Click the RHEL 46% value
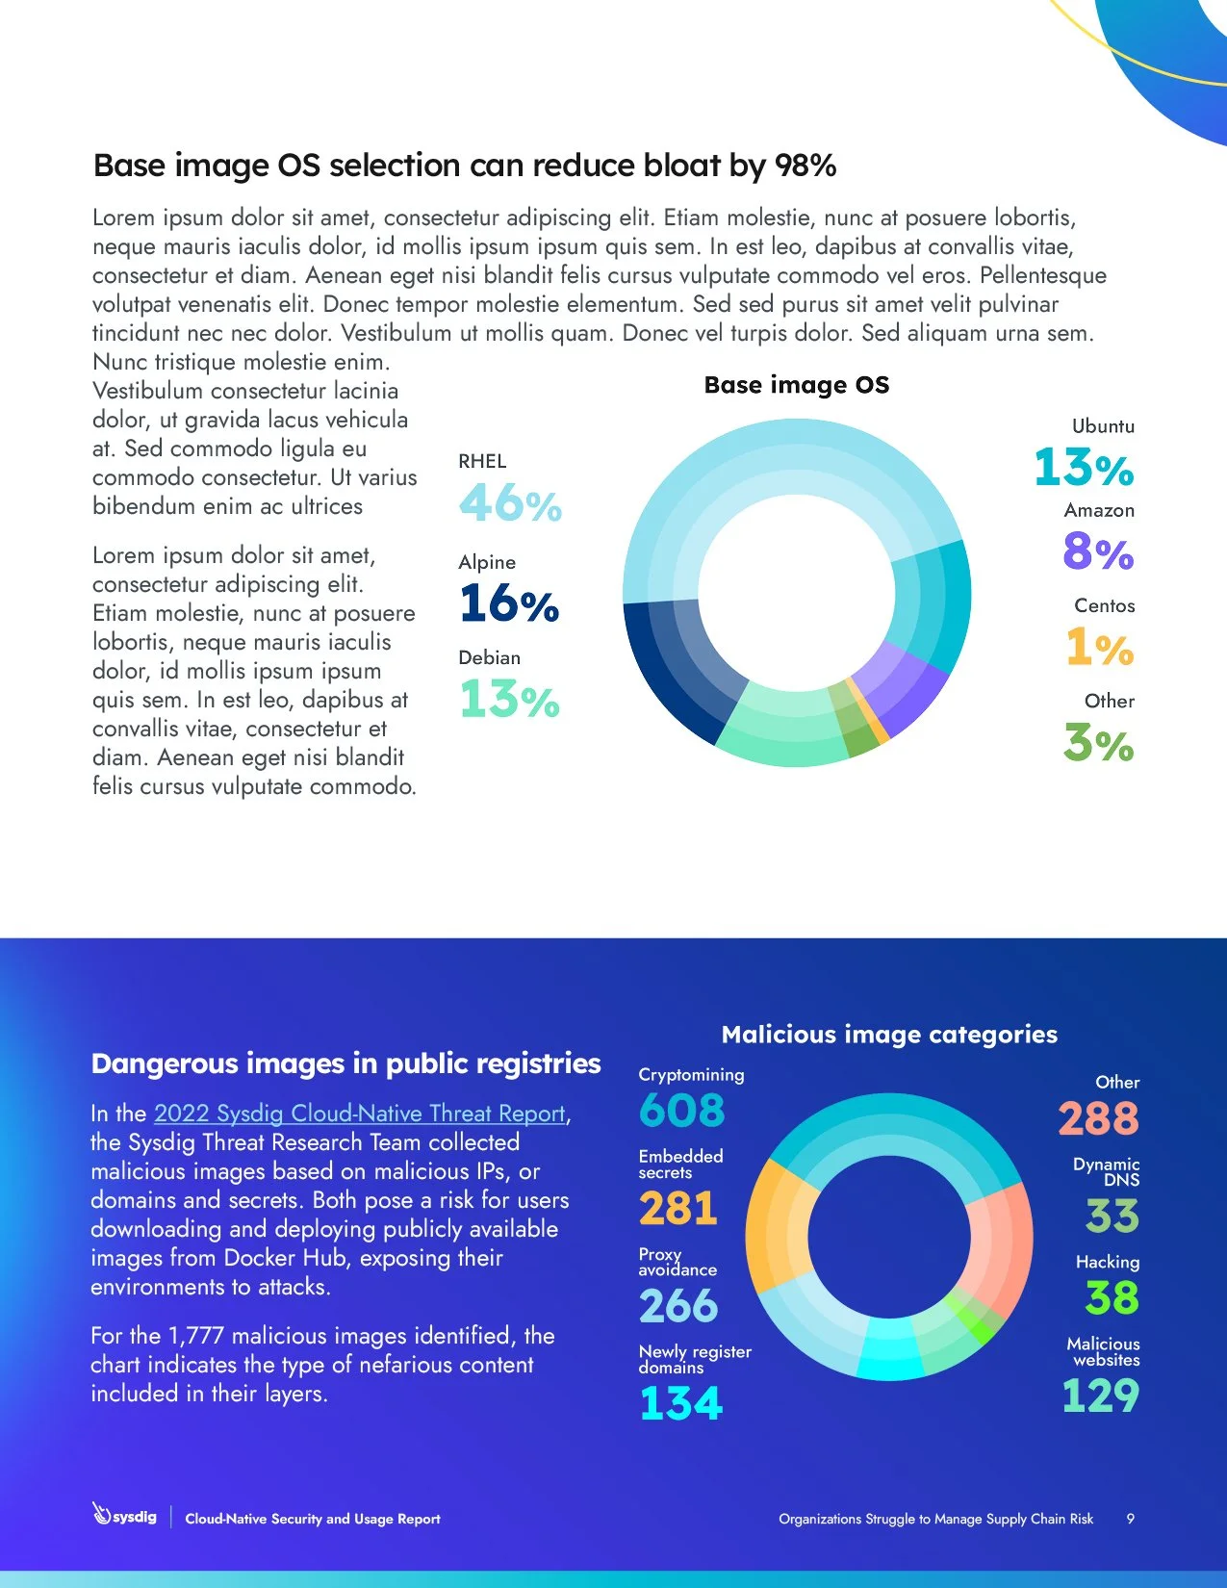point(510,503)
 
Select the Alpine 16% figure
point(509,603)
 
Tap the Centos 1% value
point(1099,647)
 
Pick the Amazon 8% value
point(1098,551)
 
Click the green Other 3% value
point(1098,743)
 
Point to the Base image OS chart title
point(796,385)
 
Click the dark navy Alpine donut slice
point(674,674)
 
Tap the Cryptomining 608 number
point(681,1111)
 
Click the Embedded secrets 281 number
point(678,1209)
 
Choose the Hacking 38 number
point(1112,1297)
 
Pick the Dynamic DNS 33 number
point(1112,1216)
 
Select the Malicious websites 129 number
point(1100,1396)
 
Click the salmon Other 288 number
point(1098,1118)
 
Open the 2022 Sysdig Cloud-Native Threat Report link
point(360,1114)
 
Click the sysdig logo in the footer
point(124,1516)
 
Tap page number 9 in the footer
point(1130,1519)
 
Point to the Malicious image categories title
point(888,1035)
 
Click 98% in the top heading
point(805,166)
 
